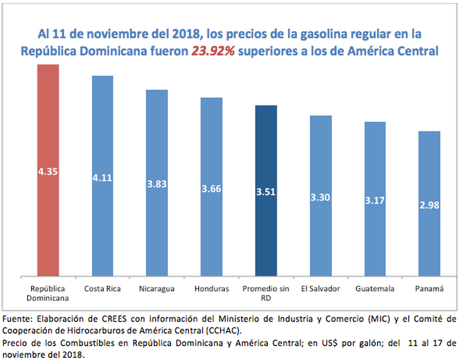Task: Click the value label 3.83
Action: pos(157,184)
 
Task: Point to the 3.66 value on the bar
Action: pos(211,188)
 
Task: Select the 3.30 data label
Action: pos(320,196)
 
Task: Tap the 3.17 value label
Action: pos(375,200)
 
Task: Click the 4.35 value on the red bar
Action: pos(48,172)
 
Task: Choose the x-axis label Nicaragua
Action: pos(157,289)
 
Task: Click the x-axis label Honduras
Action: pos(211,289)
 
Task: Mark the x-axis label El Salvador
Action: pos(320,289)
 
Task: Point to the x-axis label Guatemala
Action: pos(375,289)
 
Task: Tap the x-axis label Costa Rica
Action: pos(103,289)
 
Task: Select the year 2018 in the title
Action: pos(184,33)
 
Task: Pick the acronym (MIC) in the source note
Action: pos(350,318)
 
